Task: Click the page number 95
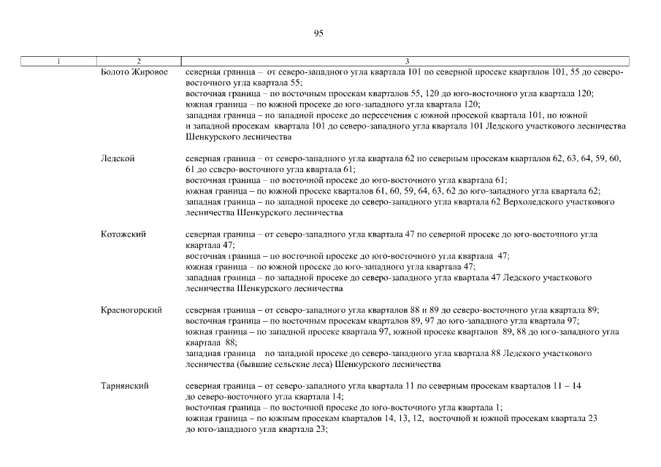(318, 33)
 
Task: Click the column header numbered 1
(58, 60)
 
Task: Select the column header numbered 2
(139, 60)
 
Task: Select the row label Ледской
(118, 158)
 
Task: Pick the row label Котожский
(123, 234)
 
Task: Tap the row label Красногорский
(131, 310)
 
